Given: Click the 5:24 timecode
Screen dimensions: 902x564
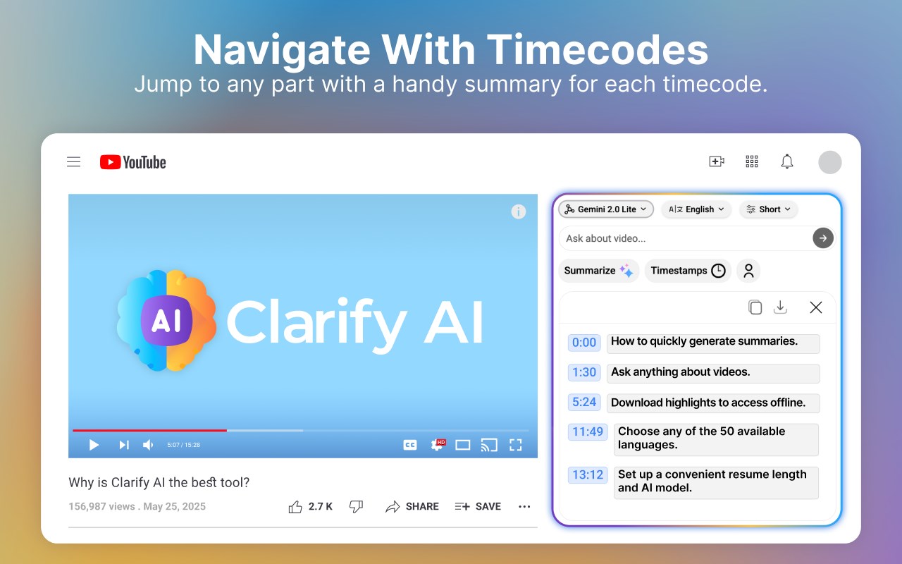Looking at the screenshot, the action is tap(584, 402).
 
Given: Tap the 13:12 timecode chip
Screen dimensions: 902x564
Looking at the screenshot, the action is tap(588, 474).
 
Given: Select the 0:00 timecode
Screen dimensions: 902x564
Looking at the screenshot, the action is tap(584, 343).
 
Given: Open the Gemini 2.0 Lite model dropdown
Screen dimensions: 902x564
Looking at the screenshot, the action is tap(605, 209).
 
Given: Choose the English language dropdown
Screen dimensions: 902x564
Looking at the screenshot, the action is tap(696, 209).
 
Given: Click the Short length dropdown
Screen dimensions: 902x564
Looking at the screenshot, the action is tap(768, 209).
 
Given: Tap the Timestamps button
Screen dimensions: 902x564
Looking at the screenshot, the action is tap(688, 270).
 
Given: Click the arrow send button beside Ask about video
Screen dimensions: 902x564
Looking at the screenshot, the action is tap(822, 238).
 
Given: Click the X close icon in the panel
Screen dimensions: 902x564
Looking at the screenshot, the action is tap(816, 307).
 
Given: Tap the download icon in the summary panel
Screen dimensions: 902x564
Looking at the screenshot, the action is tap(780, 307).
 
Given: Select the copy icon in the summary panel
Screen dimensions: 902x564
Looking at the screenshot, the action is tap(755, 307).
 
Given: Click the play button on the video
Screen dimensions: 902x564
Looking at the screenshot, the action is tap(94, 445).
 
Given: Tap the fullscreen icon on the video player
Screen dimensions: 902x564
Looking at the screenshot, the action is tap(515, 445).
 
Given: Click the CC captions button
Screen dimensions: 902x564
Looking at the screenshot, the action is tap(410, 445).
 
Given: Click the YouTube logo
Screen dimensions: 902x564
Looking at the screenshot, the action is tap(133, 162).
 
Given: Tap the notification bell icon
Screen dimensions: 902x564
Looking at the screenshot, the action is tap(787, 161).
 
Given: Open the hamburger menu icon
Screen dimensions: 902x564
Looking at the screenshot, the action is tap(74, 161).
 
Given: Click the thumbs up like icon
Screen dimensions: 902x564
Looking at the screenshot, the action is tap(295, 506).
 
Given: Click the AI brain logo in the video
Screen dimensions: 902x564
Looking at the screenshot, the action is tap(166, 320).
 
